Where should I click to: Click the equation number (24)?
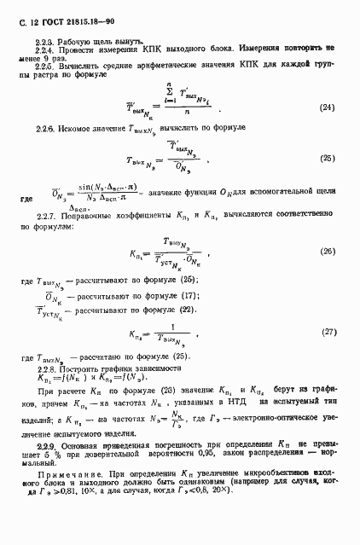point(326,107)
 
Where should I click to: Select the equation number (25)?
point(326,158)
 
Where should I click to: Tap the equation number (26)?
point(326,252)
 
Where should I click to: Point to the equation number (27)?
point(326,331)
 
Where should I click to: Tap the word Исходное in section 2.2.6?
point(79,128)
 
